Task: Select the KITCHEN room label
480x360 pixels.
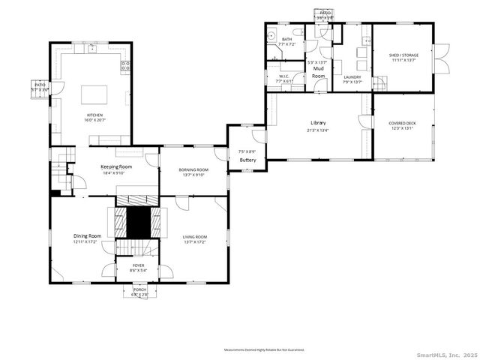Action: click(x=93, y=115)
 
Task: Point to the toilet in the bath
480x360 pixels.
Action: click(x=298, y=33)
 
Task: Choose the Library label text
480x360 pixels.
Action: click(x=319, y=123)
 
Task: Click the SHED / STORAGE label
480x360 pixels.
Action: click(x=403, y=55)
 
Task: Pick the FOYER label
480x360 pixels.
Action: click(x=139, y=265)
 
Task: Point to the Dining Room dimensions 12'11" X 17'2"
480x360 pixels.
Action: click(x=85, y=242)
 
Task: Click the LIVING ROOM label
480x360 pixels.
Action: click(x=195, y=237)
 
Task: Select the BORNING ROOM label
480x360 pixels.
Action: click(x=193, y=169)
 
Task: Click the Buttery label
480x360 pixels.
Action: click(x=247, y=160)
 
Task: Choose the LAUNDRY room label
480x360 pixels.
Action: click(x=352, y=76)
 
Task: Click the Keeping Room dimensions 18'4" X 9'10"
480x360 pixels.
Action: click(x=116, y=173)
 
